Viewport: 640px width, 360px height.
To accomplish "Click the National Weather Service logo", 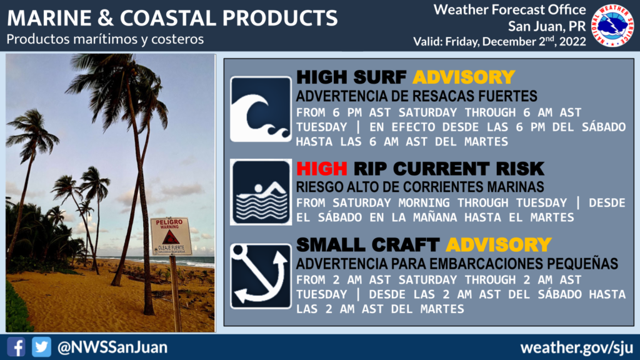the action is click(612, 26).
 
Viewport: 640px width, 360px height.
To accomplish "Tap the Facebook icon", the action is click(16, 347).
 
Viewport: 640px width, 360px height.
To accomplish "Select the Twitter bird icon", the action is click(42, 347).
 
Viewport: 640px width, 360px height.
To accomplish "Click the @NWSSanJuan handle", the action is click(112, 347).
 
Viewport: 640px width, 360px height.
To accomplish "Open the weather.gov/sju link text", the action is click(577, 347).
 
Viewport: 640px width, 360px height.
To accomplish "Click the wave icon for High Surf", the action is click(261, 109).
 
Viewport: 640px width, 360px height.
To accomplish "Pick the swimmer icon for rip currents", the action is click(261, 192).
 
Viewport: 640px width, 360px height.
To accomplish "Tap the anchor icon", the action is click(261, 276).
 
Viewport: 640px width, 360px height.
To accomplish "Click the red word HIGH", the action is click(322, 169).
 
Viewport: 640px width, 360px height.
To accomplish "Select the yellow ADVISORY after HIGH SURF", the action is click(464, 77).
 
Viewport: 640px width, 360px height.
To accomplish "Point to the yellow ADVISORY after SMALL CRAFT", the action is click(499, 245).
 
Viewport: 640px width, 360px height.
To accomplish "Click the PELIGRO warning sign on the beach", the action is click(171, 236).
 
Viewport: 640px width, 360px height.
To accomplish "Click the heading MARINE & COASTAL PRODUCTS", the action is click(172, 18).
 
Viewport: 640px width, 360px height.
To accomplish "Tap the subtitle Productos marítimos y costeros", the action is click(105, 39).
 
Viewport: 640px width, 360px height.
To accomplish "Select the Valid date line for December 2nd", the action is click(499, 41).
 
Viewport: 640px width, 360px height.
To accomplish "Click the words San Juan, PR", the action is click(547, 26).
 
